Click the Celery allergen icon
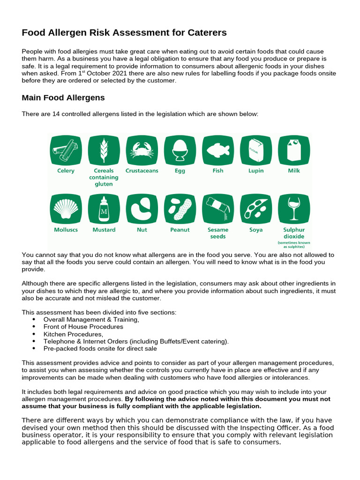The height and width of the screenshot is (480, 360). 66,150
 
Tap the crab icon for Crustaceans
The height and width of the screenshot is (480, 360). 142,150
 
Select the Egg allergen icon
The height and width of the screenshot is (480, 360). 180,150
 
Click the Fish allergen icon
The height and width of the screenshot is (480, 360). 218,150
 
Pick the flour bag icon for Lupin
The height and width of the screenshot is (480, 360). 256,150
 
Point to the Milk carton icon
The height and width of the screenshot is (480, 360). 294,150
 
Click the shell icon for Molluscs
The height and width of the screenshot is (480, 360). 66,209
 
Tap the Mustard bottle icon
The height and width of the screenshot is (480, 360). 104,209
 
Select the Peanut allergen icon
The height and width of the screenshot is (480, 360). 180,209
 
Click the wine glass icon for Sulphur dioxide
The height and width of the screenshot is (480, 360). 294,209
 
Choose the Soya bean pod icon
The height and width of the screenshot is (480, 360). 256,209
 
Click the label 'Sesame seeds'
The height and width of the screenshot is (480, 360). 218,233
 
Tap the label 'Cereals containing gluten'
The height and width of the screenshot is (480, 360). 104,178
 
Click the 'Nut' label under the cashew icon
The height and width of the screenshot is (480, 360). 142,230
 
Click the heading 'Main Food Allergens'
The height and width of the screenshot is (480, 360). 63,98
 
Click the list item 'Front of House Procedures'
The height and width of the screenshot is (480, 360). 83,327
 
